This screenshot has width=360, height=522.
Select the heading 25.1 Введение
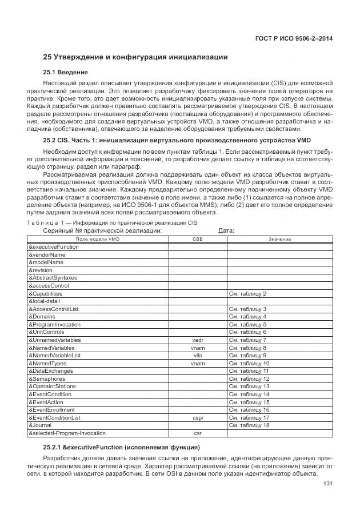point(66,73)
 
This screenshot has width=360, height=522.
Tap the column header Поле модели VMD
point(98,239)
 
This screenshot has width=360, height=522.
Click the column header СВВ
point(198,239)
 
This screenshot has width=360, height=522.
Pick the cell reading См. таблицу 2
point(247,293)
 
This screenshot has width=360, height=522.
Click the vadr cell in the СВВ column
point(198,340)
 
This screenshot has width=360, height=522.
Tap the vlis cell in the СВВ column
point(198,355)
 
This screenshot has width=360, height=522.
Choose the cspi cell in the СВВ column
point(198,417)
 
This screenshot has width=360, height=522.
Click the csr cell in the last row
point(198,433)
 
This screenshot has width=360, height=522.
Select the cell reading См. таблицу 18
point(249,425)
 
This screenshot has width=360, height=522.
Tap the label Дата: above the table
point(227,230)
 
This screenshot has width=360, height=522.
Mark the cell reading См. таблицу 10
point(249,363)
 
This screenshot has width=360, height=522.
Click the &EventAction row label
point(47,402)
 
